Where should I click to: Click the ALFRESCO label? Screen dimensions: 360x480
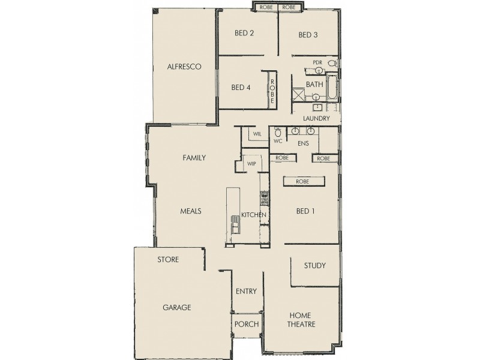184,67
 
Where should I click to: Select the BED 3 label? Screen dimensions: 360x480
308,35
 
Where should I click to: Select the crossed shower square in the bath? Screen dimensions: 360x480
298,95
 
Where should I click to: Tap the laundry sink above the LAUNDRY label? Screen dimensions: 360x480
317,108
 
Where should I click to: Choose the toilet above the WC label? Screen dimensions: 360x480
277,131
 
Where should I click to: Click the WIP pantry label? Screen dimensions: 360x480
251,163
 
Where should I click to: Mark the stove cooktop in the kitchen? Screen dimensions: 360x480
263,196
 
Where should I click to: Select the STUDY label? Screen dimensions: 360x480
314,265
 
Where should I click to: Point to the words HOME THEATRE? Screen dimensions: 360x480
302,320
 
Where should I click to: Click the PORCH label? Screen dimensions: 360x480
247,324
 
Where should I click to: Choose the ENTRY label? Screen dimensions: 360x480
246,292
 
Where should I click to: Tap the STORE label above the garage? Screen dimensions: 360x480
168,260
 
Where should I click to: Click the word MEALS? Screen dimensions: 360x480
190,211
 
